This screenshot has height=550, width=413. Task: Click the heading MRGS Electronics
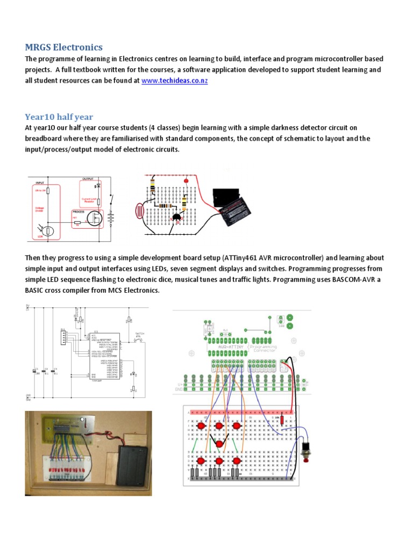click(x=63, y=47)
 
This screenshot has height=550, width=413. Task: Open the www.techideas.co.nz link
click(x=174, y=81)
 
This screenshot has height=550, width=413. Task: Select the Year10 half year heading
click(x=59, y=117)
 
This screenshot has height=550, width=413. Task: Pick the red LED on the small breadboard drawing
click(x=187, y=181)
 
